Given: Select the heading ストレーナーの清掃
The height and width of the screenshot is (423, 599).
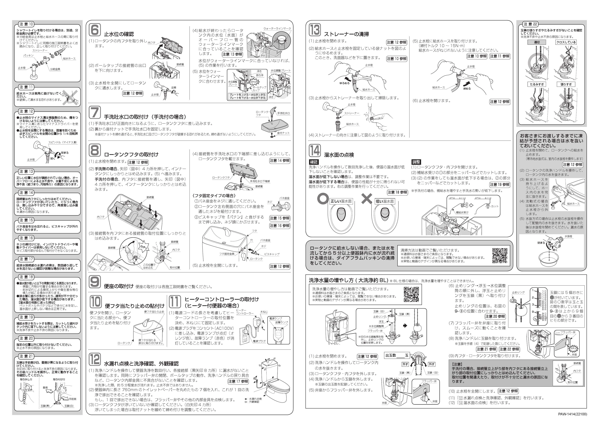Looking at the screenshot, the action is [346, 34].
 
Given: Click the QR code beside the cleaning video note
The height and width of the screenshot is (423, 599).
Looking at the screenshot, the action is [500, 255].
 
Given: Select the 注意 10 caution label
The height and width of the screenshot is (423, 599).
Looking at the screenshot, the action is [26, 24].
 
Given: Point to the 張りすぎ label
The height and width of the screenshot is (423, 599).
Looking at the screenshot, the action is [566, 84].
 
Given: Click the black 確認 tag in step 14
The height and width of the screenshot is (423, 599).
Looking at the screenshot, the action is [314, 162].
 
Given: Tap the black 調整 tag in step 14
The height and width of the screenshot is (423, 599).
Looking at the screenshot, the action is [416, 162].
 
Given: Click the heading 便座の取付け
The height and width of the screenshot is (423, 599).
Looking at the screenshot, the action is [119, 286].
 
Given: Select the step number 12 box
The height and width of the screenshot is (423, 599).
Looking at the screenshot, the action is [95, 359].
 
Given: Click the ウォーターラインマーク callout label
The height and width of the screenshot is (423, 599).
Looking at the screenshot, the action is [277, 28].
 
